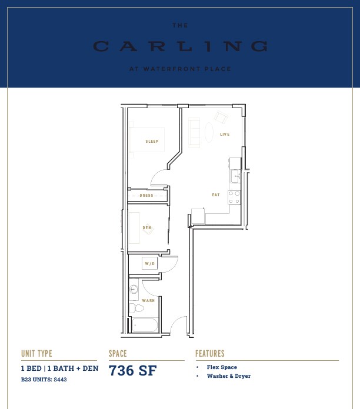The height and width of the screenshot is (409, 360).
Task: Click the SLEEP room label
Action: coord(152,142)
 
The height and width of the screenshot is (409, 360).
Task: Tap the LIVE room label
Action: coord(225,135)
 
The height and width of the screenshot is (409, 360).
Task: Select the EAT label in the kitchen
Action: coord(216,195)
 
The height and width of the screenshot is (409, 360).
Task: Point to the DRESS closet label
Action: coord(146,195)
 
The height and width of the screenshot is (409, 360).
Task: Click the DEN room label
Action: coord(146,228)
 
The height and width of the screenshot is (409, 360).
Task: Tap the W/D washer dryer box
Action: coord(150,264)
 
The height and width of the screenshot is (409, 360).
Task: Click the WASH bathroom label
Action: coord(148,301)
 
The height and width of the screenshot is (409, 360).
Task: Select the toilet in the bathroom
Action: coord(136,308)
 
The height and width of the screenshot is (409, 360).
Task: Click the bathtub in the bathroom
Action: coord(145,326)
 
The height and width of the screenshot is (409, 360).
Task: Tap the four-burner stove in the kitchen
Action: coord(234,197)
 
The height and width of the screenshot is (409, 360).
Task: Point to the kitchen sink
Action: coord(235,176)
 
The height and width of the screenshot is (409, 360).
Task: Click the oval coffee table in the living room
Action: coord(209,132)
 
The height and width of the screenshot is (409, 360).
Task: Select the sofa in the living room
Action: coord(194,132)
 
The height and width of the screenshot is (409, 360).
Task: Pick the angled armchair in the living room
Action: coord(221,117)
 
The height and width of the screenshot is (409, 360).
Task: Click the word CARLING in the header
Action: coord(180,46)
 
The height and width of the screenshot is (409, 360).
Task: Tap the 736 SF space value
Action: coord(132,370)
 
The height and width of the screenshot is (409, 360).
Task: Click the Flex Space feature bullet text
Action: coord(222,367)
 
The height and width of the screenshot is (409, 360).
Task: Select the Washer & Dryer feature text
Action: coord(229,376)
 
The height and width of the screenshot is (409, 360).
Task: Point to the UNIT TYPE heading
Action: coord(36,353)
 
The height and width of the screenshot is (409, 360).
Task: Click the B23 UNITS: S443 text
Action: coord(44,380)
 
